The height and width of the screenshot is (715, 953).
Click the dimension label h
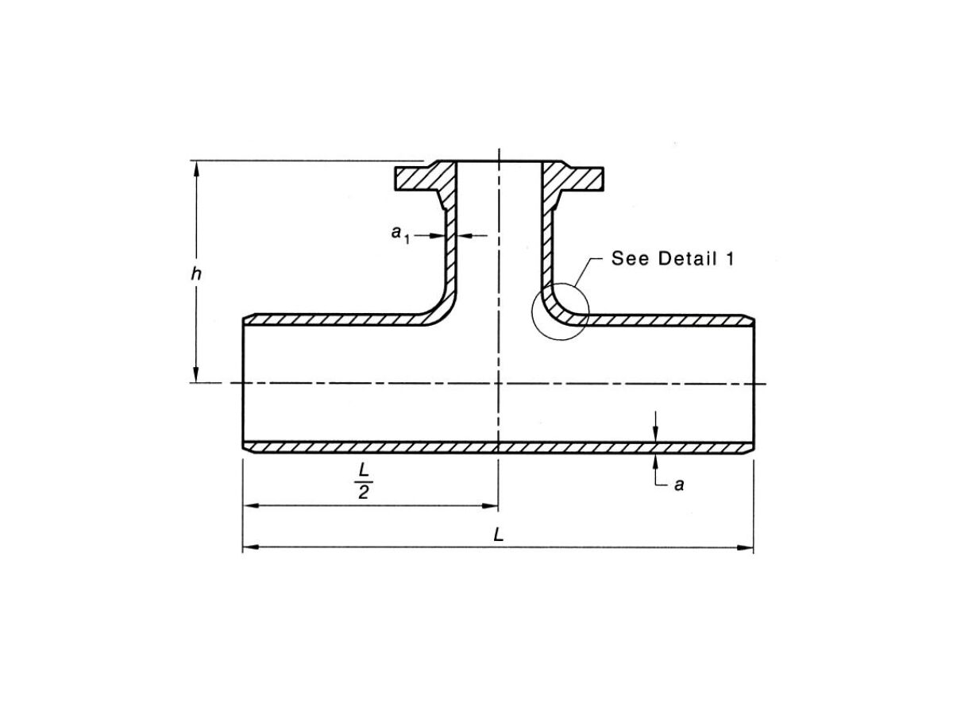[195, 274]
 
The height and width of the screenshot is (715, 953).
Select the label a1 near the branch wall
[399, 233]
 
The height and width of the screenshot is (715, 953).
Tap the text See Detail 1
[672, 258]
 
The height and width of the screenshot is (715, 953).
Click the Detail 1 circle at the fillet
[561, 311]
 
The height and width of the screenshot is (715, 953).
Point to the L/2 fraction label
[363, 482]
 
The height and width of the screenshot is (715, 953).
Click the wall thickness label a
[678, 484]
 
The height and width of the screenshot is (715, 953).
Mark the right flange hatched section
[575, 178]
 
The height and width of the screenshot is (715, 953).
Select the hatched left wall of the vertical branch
[451, 254]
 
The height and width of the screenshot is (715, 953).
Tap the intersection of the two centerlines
[498, 384]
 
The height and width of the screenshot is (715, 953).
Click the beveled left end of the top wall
[247, 319]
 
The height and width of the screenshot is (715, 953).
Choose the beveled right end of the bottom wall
[749, 449]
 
